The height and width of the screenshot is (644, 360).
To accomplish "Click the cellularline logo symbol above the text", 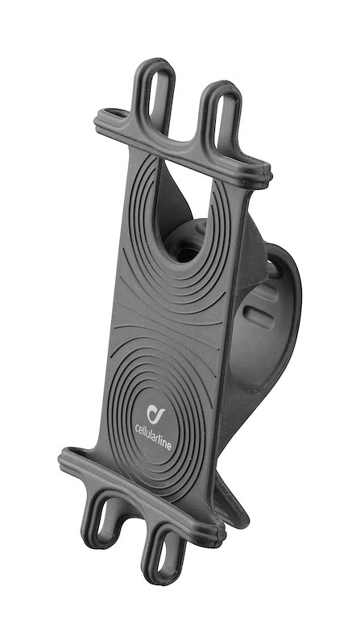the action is (155, 414).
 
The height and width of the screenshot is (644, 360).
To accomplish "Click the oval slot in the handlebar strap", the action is (259, 316).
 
